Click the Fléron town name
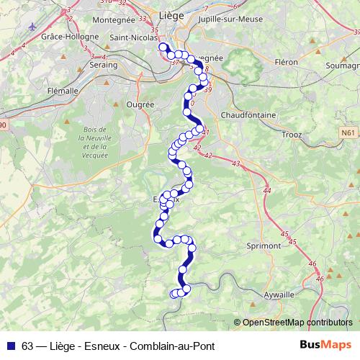click(x=285, y=63)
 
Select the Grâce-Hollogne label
click(x=70, y=35)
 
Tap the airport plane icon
click(x=32, y=27)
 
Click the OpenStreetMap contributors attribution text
click(x=297, y=323)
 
